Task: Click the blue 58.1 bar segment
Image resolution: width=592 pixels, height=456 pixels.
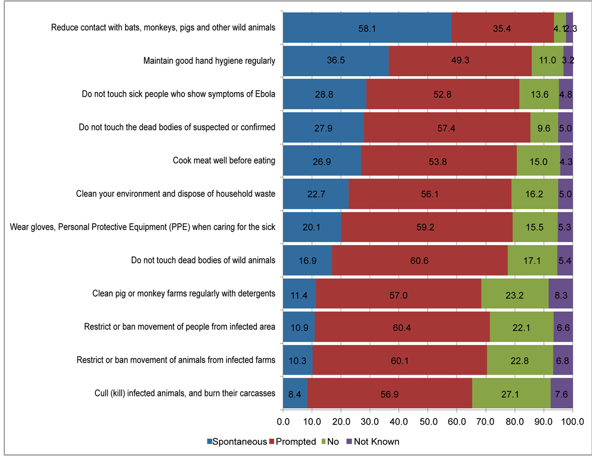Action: tap(367, 27)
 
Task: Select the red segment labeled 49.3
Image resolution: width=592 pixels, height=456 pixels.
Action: tap(460, 61)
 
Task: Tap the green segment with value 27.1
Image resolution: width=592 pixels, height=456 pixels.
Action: tap(511, 393)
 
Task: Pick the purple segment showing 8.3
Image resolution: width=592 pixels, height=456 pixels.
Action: tap(561, 293)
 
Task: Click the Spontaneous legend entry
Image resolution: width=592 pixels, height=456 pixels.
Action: tap(235, 441)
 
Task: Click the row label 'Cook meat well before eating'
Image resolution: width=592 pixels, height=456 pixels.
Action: tap(224, 161)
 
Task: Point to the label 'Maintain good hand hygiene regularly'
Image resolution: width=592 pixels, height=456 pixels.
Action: tap(209, 61)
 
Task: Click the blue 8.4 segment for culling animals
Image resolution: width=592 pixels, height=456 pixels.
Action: tap(295, 393)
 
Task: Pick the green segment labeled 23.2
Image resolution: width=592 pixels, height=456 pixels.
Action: tap(515, 293)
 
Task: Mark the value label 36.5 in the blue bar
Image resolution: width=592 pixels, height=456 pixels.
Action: tap(335, 61)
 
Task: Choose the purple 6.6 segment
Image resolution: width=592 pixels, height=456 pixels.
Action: tap(563, 327)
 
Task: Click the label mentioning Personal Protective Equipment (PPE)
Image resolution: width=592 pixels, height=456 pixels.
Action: tap(143, 227)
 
